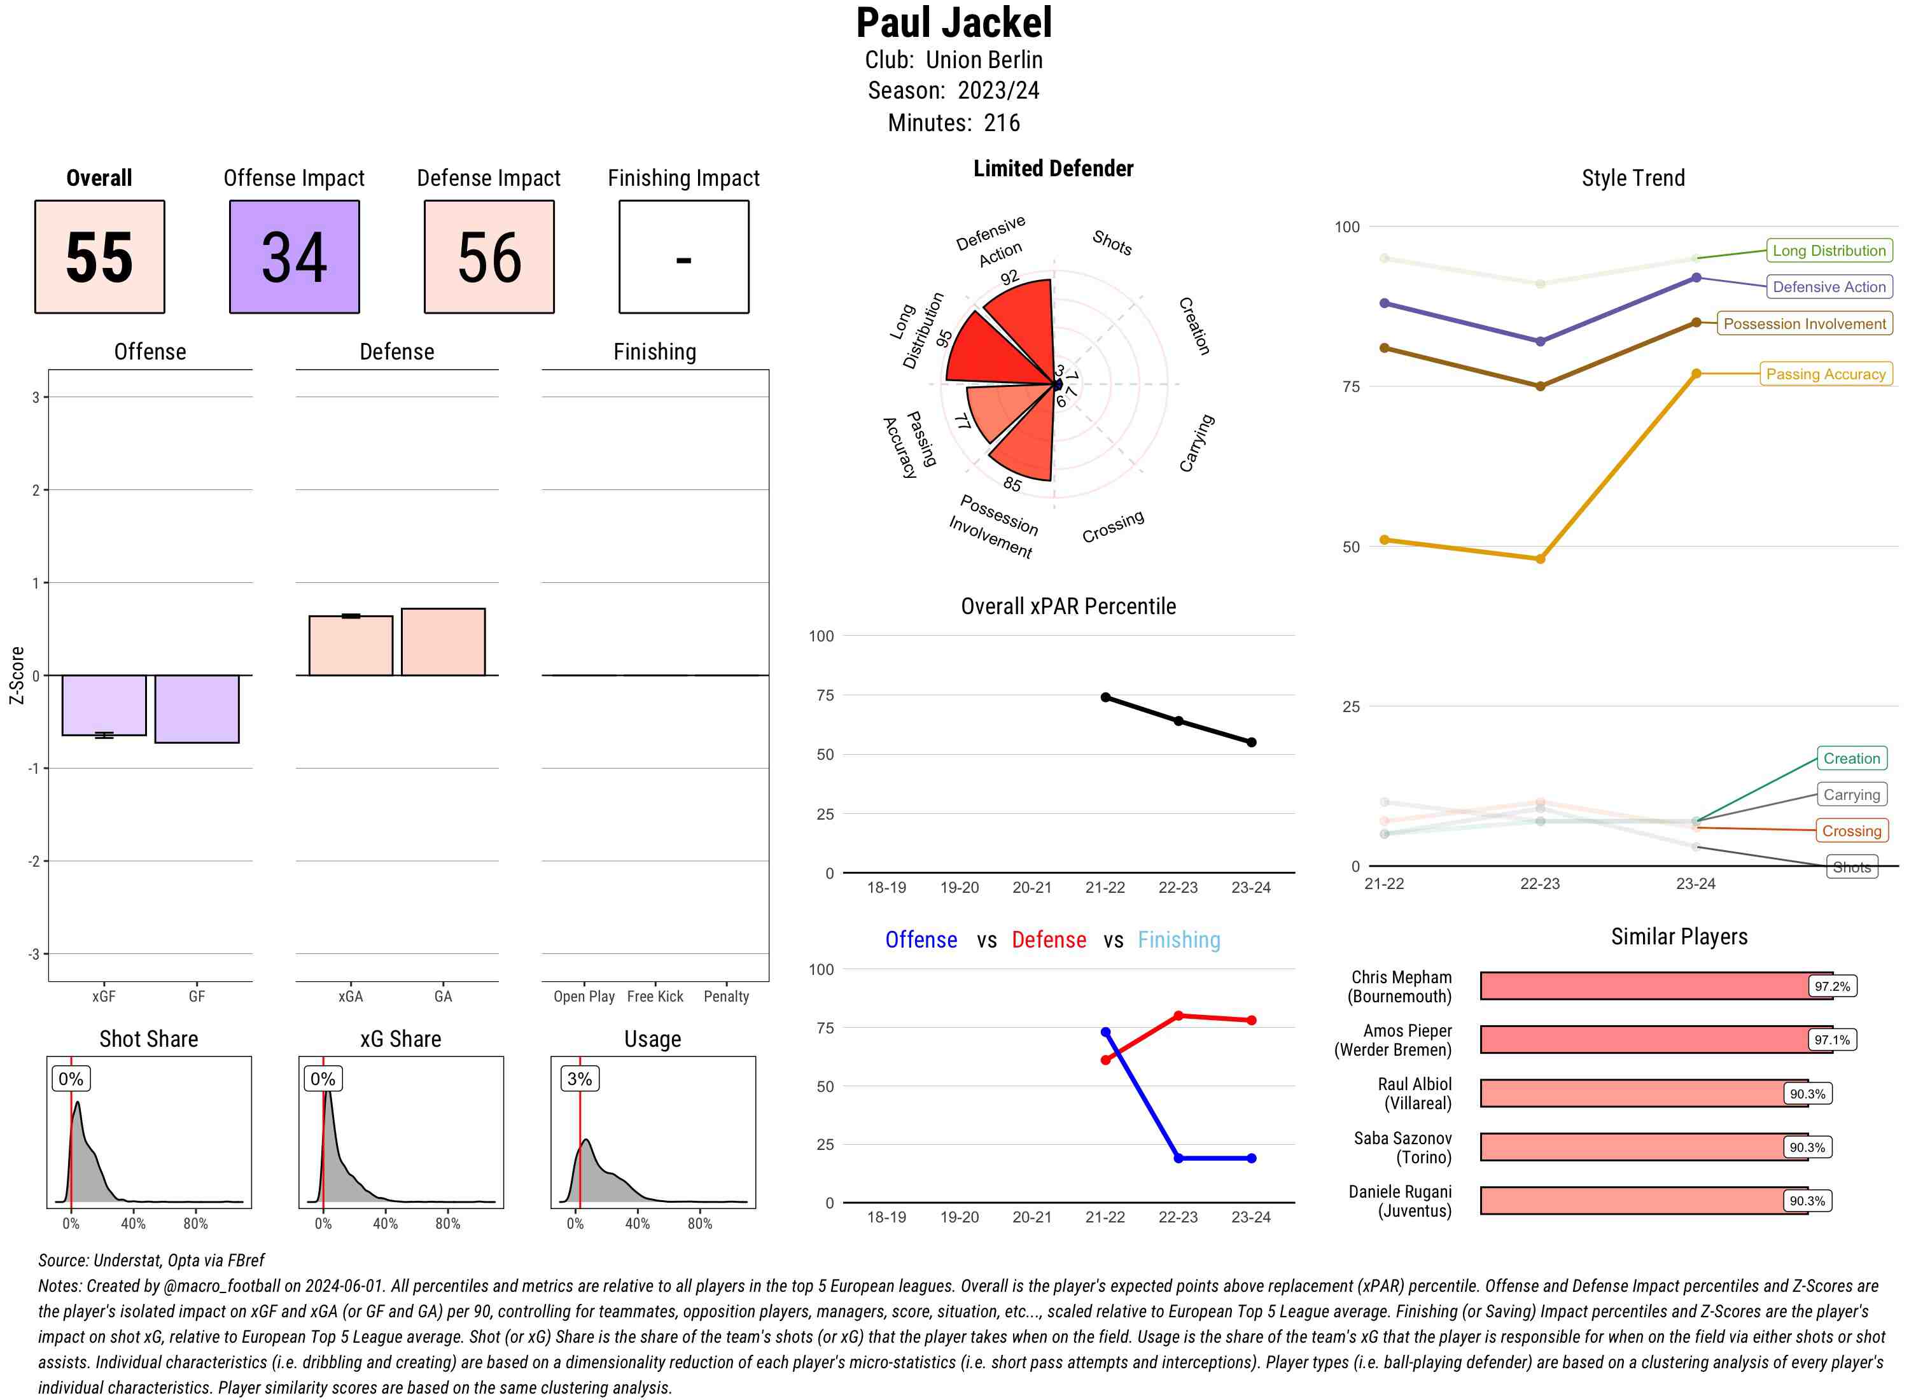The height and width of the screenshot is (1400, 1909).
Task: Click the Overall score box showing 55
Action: click(x=99, y=257)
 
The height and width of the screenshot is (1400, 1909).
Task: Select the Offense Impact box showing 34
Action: click(x=294, y=257)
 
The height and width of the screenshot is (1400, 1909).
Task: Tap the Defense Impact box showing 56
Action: click(x=489, y=257)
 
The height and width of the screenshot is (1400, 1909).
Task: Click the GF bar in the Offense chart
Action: click(x=197, y=708)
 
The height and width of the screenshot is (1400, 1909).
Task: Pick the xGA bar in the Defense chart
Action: click(x=351, y=646)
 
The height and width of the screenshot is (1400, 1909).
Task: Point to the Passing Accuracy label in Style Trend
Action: click(x=1825, y=374)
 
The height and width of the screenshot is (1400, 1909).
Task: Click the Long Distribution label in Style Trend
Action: click(x=1829, y=251)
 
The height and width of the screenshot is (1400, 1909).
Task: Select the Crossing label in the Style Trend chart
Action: click(x=1850, y=831)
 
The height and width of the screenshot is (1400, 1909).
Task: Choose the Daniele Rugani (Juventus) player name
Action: click(x=1400, y=1201)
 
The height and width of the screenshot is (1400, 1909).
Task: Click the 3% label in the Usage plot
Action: click(x=580, y=1079)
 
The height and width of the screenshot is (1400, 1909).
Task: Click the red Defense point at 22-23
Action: click(x=1178, y=1015)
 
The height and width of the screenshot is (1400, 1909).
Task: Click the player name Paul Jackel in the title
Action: click(x=953, y=23)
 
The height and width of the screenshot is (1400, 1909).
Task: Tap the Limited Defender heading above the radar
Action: click(x=1053, y=169)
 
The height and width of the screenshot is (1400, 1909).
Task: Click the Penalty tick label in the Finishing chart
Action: click(x=726, y=997)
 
